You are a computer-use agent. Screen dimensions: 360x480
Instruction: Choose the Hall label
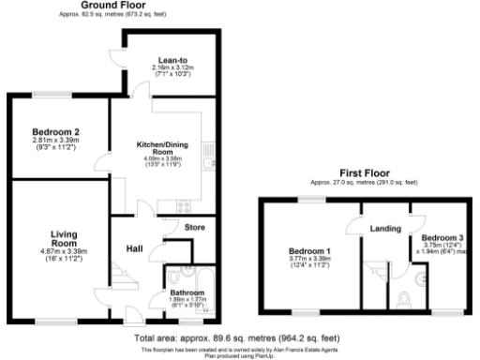click(135, 248)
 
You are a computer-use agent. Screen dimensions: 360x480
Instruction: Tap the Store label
click(194, 228)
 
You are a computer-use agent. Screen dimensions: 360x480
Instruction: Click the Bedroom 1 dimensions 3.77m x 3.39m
click(308, 260)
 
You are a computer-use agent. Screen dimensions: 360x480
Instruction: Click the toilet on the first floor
click(404, 300)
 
